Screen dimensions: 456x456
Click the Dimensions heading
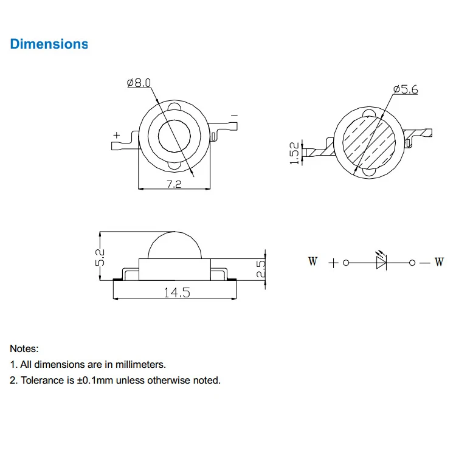(x=49, y=44)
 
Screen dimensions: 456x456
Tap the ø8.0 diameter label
(x=139, y=83)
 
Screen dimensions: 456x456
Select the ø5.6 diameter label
(x=406, y=89)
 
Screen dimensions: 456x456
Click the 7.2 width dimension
(x=174, y=184)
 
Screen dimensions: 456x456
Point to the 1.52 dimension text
(x=294, y=153)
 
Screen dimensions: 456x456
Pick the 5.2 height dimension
(x=100, y=257)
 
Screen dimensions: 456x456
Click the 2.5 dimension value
(x=261, y=268)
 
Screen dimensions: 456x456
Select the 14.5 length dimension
(x=177, y=292)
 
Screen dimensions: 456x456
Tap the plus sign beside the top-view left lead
(x=117, y=135)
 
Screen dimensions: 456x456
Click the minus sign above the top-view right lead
(x=235, y=116)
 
